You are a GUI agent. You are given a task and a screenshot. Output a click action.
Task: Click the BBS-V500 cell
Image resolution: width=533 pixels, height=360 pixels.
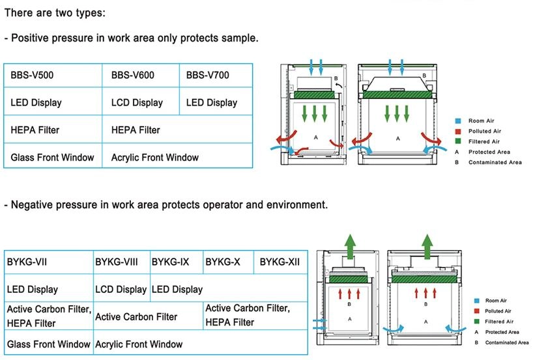pyautogui.click(x=32, y=76)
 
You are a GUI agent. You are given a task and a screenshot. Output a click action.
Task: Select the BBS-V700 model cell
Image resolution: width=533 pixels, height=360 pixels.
pyautogui.click(x=207, y=76)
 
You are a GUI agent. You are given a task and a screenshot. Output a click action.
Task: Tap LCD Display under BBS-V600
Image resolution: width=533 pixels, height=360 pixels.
pyautogui.click(x=137, y=103)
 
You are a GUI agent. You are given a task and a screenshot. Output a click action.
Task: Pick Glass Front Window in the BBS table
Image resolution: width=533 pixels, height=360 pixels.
pyautogui.click(x=52, y=157)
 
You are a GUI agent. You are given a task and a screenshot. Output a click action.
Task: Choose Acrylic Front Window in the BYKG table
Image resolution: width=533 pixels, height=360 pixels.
pyautogui.click(x=139, y=344)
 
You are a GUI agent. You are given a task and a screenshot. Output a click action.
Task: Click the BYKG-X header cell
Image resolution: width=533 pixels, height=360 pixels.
pyautogui.click(x=223, y=262)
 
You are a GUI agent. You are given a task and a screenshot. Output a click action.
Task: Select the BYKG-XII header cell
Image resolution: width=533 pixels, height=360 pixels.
pyautogui.click(x=280, y=262)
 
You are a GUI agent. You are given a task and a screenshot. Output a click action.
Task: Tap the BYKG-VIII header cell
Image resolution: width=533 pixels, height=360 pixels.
pyautogui.click(x=117, y=262)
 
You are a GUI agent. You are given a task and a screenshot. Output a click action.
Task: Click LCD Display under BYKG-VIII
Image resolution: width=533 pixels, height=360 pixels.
pyautogui.click(x=121, y=289)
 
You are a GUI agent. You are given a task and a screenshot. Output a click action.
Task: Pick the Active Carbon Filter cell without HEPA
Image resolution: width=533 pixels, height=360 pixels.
pyautogui.click(x=136, y=317)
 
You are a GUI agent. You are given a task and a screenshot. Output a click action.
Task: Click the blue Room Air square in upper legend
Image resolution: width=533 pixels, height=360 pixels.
pyautogui.click(x=459, y=120)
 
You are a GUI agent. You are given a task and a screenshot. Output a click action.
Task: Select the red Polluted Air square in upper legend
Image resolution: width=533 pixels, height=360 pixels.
pyautogui.click(x=459, y=131)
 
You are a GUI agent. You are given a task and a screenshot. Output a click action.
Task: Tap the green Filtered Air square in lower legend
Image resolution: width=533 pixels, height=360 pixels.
pyautogui.click(x=477, y=322)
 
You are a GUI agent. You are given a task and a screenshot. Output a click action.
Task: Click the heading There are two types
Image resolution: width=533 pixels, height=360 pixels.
pyautogui.click(x=54, y=13)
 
